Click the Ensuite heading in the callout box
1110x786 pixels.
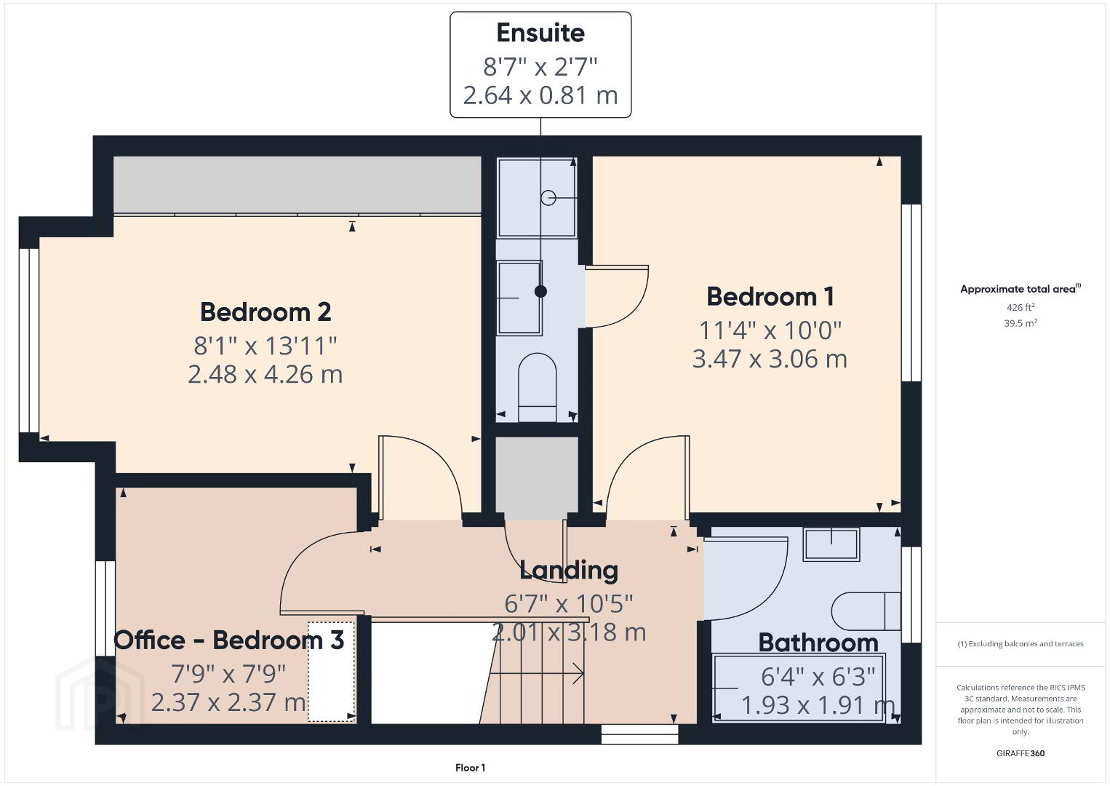540,33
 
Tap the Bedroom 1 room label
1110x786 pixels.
770,296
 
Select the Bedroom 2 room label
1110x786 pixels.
265,312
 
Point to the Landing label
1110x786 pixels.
568,571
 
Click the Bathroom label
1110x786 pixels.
818,643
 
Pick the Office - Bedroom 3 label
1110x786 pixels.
229,640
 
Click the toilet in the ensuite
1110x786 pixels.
537,387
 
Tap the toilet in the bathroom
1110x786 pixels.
866,611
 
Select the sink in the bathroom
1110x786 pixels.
831,544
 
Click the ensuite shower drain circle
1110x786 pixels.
548,198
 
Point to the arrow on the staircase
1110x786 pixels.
536,673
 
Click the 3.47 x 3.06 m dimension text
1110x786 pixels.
770,359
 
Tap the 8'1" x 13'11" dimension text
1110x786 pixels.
265,346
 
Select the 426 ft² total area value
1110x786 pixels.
1021,307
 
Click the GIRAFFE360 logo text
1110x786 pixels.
1021,753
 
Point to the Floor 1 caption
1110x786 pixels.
471,768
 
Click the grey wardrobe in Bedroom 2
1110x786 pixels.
298,185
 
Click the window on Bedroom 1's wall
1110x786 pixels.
911,293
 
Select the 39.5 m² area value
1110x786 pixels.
1021,323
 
